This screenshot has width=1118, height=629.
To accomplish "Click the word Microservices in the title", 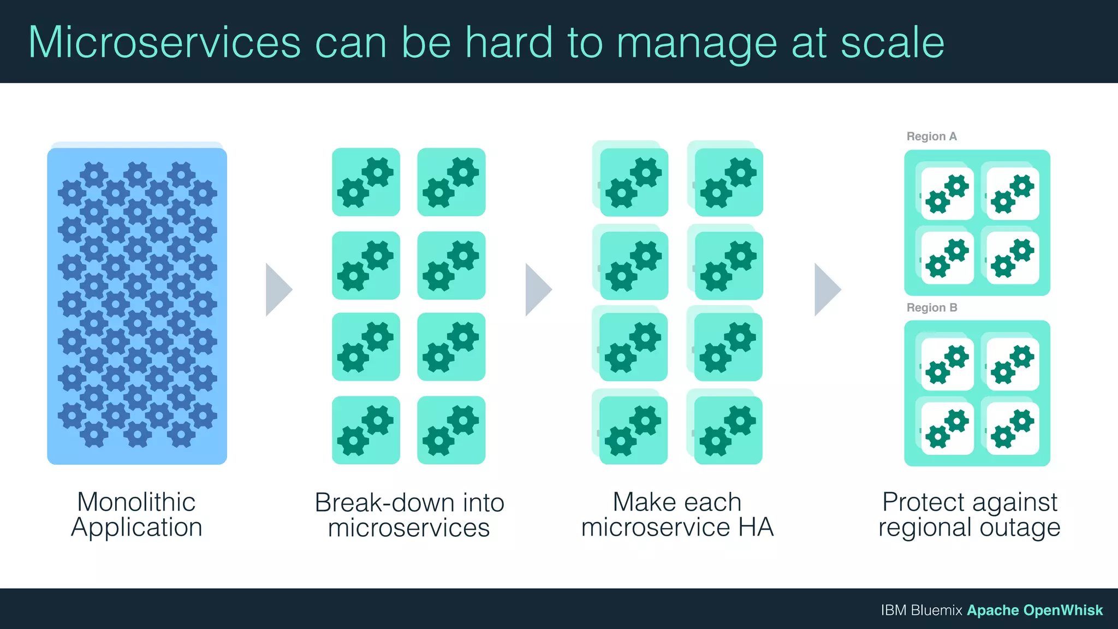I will point(164,43).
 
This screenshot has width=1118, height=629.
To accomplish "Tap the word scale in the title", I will point(892,43).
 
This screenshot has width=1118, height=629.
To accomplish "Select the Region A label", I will point(931,137).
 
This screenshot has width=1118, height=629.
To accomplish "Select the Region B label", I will point(931,308).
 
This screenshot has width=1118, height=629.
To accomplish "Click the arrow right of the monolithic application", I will point(278,289).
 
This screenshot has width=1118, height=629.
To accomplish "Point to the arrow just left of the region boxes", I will point(826,289).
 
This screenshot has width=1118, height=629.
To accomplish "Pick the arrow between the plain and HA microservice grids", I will point(538,289).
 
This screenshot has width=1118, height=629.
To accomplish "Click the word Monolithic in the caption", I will point(136,502).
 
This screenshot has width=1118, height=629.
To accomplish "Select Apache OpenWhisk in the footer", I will point(1034,610).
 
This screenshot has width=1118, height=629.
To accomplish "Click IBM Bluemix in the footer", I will point(921,610).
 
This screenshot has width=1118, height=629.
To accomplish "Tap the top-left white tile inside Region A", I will point(947,193).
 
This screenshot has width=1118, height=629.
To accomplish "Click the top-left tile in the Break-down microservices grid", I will point(366,182).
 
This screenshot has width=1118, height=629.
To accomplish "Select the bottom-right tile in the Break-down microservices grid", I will point(451,430).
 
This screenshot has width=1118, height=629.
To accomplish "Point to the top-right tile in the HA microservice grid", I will point(728,182).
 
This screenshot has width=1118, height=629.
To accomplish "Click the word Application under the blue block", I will point(136,527).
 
